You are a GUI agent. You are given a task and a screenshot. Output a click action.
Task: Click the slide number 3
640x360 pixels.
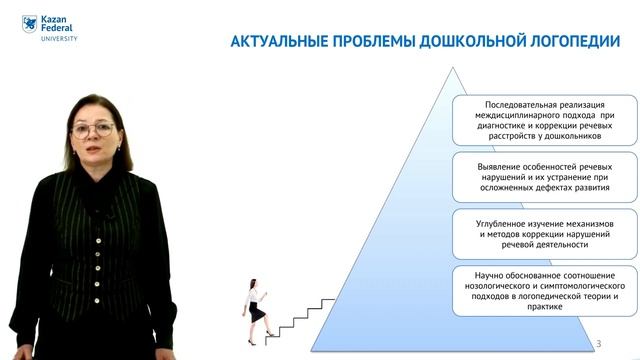click(x=599, y=343)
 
